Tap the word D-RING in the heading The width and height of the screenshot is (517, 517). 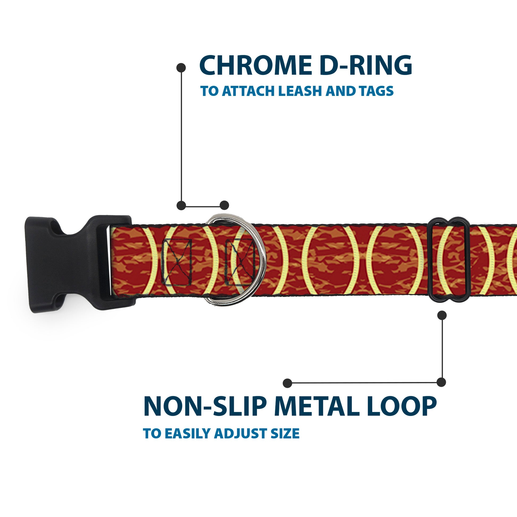pos(366,66)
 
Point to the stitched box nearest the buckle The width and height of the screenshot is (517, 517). pos(177,262)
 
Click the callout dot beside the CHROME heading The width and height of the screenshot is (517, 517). pos(181,68)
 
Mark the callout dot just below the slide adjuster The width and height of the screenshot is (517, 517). pos(442,315)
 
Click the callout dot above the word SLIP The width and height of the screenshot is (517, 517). pos(287,383)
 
